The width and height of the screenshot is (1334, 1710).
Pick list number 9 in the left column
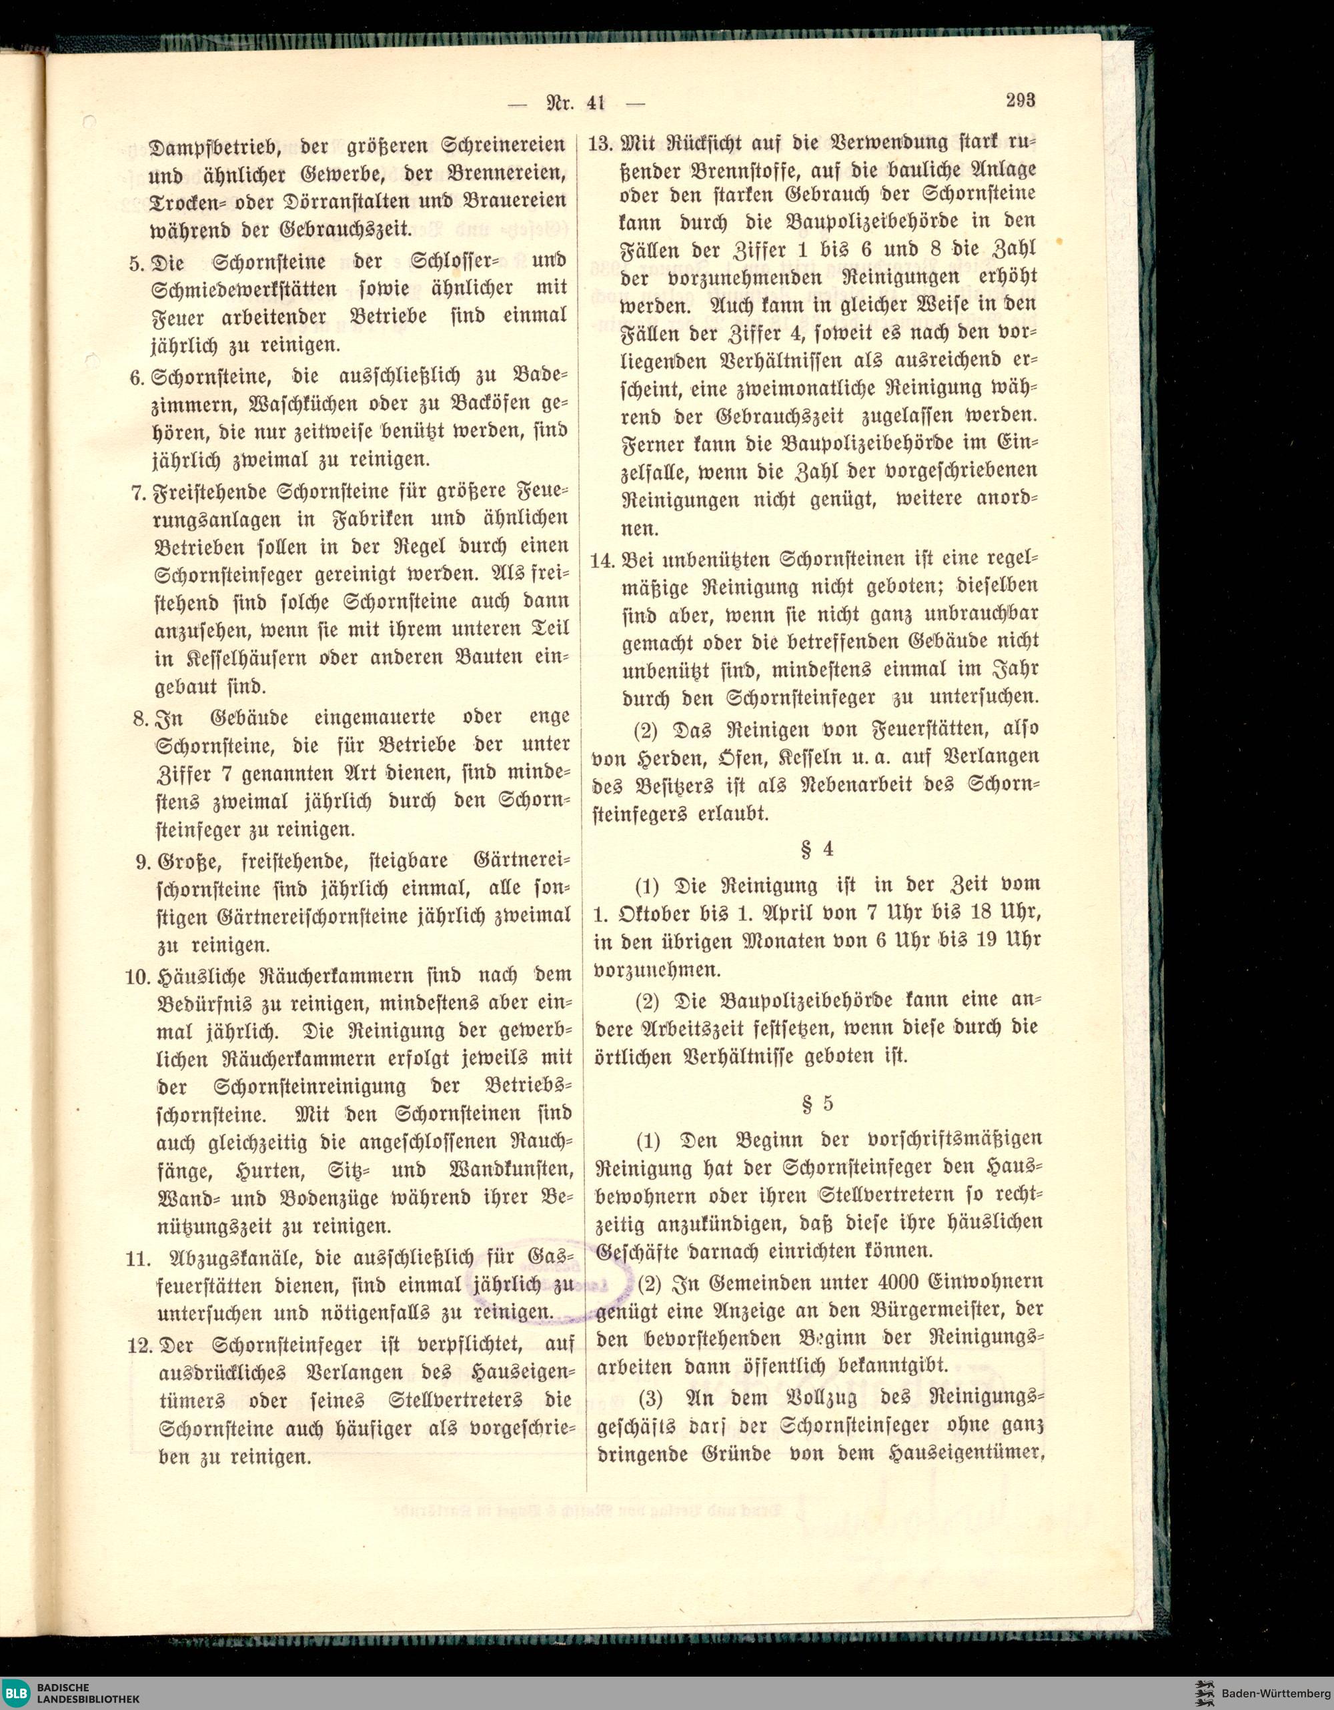pos(143,861)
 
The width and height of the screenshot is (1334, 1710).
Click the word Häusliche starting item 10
pos(203,976)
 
